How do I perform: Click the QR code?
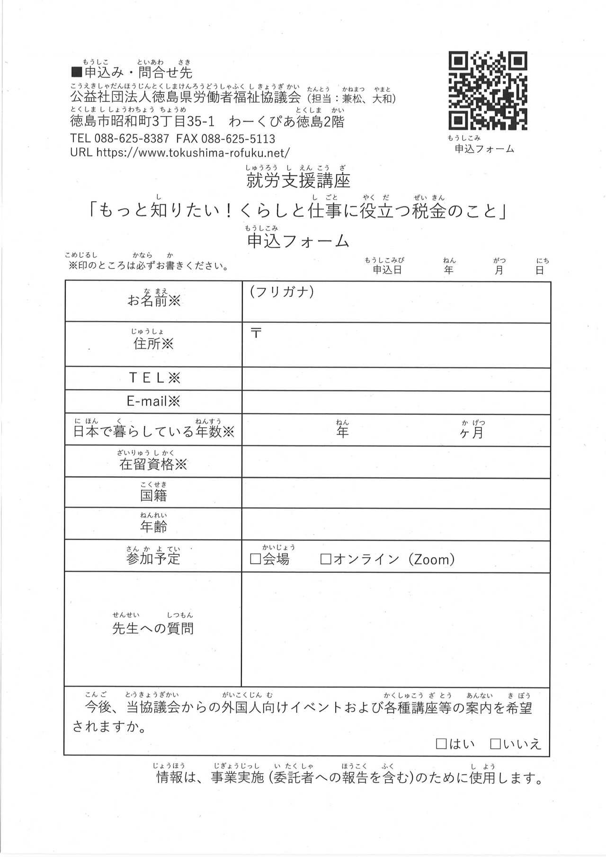pos(488,90)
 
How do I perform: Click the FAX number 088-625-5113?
pos(238,139)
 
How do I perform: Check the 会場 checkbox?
pos(256,559)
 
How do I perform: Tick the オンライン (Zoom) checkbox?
pos(326,559)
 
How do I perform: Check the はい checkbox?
pos(441,744)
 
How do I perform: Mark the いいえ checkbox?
pos(496,744)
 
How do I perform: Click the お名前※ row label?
pos(154,300)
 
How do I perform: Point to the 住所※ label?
pos(154,343)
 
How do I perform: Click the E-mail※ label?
pos(154,402)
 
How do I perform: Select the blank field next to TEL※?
pos(396,379)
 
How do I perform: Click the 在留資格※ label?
pos(153,464)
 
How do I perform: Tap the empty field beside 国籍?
pos(396,492)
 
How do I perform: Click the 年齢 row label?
pos(153,526)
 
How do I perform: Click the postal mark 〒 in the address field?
pos(256,333)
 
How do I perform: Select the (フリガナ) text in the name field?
pos(282,292)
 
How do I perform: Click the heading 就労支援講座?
pos(298,180)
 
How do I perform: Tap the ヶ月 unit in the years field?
pos(472,432)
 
